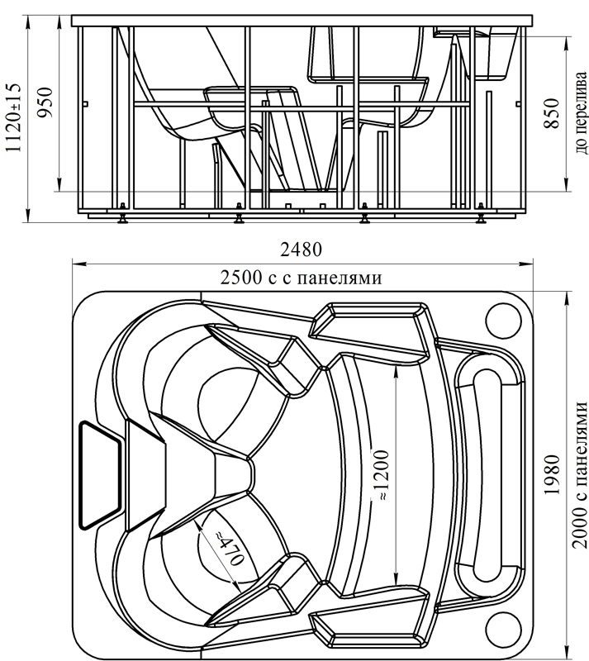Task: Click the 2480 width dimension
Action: (x=301, y=250)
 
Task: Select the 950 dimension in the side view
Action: (x=46, y=103)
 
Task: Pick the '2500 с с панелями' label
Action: (x=301, y=278)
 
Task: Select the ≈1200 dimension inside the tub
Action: (x=385, y=478)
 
